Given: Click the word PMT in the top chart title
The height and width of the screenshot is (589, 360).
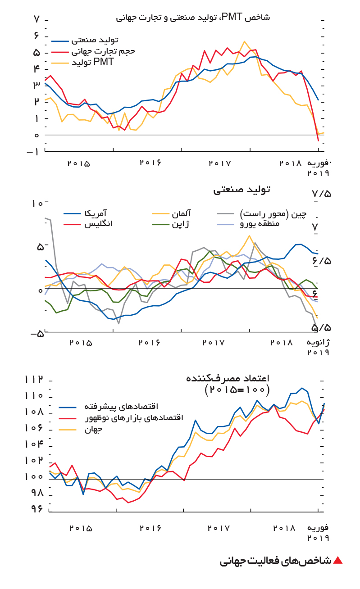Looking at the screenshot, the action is point(232,17).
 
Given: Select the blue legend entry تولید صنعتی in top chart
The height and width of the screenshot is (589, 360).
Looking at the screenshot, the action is point(85,40).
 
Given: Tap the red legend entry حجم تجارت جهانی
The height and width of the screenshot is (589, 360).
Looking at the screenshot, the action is point(93,51).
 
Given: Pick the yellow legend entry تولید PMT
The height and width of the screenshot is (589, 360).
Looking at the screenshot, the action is point(82,62).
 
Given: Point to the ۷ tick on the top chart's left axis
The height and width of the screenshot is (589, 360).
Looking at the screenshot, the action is point(36,19).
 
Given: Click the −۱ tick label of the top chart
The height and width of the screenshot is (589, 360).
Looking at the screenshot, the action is point(33,152).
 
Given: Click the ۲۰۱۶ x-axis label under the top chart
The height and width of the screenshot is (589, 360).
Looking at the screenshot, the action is point(150,163).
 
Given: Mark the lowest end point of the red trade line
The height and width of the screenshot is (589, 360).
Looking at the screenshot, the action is point(319,141).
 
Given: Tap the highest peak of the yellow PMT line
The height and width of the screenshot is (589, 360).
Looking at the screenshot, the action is point(245,41).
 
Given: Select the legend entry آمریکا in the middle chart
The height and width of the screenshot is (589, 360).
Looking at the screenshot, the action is point(85,213).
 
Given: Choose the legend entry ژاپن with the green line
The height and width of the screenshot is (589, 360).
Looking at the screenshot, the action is point(171,224).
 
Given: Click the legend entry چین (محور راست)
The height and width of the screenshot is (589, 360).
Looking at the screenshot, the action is point(262,214).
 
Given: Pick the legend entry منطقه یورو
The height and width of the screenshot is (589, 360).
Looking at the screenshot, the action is point(248,224).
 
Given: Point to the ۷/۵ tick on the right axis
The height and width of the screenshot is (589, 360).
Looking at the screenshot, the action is point(322,195).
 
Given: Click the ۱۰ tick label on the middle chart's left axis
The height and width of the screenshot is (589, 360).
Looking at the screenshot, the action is point(37,204).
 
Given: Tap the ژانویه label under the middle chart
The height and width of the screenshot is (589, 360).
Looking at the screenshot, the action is point(318,342).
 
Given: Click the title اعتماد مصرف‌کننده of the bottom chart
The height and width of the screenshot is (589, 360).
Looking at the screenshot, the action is point(228,378).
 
